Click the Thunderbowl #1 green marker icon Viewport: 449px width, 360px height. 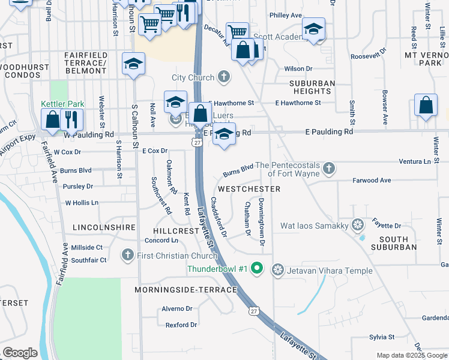tap(258, 268)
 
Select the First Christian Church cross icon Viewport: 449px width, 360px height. tap(127, 256)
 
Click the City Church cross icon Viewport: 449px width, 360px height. tap(224, 77)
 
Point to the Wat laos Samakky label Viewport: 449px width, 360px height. tap(315, 226)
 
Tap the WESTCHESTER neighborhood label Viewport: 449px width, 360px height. tap(249, 189)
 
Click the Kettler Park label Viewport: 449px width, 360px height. tap(62, 104)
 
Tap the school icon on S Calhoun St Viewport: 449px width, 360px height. tap(133, 64)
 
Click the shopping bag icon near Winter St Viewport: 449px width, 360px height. tap(425, 106)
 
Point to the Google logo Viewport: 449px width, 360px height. tap(20, 353)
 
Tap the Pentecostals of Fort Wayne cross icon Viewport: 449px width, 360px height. tap(329, 169)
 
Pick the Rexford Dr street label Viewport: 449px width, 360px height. tap(181, 325)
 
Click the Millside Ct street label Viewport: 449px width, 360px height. tap(87, 247)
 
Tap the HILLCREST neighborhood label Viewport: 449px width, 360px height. tap(176, 230)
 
